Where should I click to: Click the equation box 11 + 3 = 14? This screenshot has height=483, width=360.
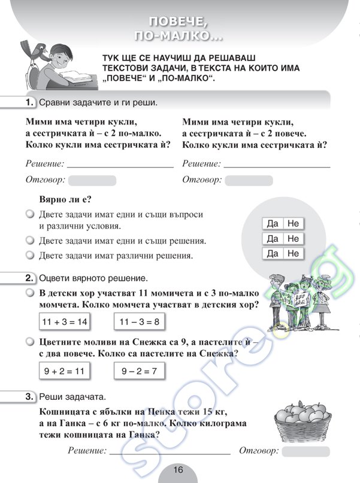65,321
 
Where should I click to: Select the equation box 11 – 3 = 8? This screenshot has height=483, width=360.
139,321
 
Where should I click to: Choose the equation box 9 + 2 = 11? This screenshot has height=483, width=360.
65,372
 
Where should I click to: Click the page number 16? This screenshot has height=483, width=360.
178,470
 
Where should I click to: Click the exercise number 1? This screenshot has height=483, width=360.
29,102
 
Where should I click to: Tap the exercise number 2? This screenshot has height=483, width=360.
29,279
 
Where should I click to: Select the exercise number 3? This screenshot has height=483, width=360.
29,397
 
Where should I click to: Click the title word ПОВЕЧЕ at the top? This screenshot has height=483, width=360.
179,22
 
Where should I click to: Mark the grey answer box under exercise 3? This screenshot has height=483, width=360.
305,451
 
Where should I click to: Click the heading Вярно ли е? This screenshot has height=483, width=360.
68,199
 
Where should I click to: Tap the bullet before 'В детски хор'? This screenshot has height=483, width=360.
29,293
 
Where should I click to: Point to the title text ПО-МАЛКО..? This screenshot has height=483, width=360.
179,37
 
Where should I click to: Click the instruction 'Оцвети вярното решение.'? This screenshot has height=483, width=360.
93,279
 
